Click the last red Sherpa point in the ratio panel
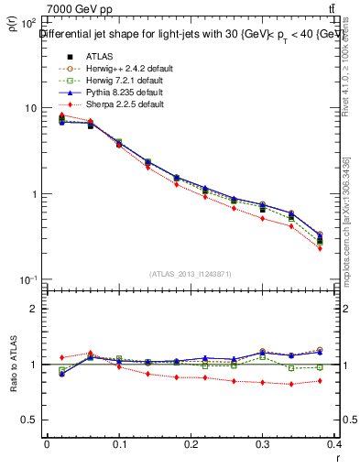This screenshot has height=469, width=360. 345,381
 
